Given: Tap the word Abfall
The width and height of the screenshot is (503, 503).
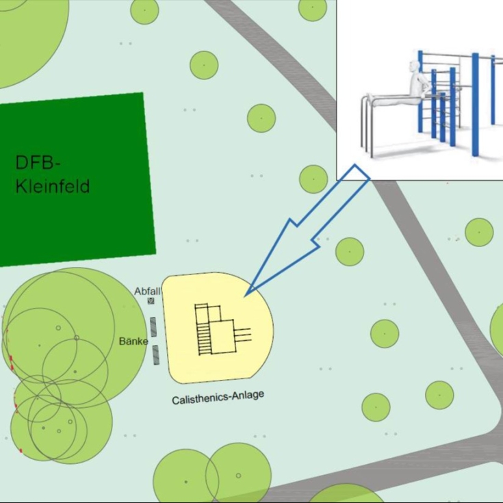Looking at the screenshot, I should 146,291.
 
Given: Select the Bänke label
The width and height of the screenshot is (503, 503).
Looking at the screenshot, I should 133,341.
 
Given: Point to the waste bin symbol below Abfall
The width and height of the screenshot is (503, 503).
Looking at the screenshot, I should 151,300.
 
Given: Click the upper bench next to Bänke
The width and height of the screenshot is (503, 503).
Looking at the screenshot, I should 153,326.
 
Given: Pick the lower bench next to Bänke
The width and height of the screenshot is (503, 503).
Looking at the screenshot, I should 156,354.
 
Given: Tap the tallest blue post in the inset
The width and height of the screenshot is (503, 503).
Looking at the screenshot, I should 475,103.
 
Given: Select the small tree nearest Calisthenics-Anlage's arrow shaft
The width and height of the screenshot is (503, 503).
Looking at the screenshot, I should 350,251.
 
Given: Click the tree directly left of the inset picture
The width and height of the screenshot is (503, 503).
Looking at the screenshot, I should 313,179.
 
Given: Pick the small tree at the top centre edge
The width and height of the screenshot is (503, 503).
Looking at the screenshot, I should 313,8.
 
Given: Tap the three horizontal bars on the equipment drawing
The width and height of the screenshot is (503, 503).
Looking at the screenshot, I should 244,333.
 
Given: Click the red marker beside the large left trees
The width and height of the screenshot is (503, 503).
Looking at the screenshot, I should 11,360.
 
